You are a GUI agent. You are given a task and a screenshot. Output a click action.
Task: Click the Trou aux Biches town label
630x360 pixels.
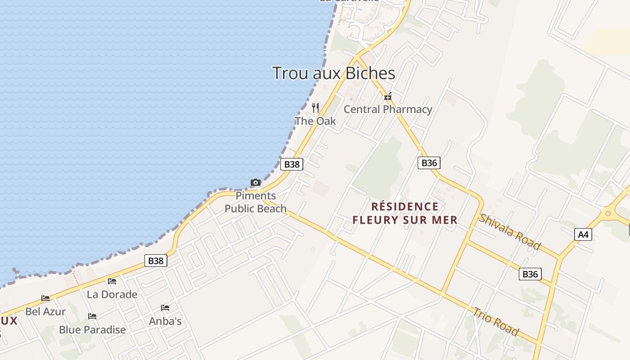tap(333, 73)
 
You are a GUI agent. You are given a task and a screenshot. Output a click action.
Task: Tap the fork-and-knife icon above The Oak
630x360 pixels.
tap(315, 108)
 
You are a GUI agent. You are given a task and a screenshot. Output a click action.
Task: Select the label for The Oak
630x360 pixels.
tap(315, 121)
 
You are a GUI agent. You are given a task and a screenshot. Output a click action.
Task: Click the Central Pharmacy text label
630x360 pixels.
tap(388, 109)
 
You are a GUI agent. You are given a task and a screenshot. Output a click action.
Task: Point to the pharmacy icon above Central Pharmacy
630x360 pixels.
tap(388, 97)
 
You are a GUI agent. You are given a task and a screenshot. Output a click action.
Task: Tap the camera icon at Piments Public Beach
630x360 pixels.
tap(256, 182)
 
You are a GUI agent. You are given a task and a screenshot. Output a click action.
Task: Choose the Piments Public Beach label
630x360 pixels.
tap(256, 202)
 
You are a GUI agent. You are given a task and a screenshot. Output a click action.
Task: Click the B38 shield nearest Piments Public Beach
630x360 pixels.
tap(292, 164)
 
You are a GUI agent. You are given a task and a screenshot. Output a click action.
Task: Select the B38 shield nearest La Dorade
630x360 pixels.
tap(156, 261)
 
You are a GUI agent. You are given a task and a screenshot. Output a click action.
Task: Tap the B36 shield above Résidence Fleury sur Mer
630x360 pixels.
tap(429, 163)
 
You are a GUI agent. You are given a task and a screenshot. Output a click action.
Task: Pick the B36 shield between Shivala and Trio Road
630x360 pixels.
tap(530, 274)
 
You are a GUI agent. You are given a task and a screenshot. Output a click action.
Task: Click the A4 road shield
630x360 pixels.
tap(583, 234)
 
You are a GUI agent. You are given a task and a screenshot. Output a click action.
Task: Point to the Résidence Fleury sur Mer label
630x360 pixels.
tap(405, 213)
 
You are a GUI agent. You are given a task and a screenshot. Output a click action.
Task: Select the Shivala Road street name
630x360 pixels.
tap(509, 231)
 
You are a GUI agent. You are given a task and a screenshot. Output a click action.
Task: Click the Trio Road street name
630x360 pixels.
tap(495, 321)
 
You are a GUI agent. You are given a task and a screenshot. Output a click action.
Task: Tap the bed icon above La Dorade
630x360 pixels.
tap(112, 282)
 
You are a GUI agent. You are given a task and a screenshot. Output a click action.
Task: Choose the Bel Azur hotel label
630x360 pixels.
tap(45, 311)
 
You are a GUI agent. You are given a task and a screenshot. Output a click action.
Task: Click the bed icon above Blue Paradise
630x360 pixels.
tap(92, 316)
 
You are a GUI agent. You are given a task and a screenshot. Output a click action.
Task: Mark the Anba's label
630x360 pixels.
tap(165, 321)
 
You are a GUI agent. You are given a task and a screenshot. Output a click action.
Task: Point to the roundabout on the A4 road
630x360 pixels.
tap(608, 213)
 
